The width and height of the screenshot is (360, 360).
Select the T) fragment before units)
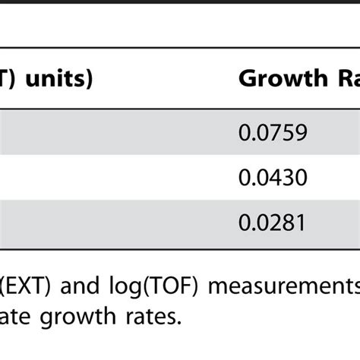coord(8,79)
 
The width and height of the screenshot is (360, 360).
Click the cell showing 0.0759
coord(273,134)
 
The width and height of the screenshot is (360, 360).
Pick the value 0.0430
coord(273,178)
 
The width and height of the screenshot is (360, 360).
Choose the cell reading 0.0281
coord(273,223)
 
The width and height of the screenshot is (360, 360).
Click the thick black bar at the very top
coord(180,5)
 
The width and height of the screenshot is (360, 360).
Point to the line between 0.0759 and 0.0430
coord(180,156)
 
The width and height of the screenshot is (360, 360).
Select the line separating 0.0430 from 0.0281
coord(180,201)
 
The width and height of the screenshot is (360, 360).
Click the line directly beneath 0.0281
coord(180,245)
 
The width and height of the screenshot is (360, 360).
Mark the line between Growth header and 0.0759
coord(180,109)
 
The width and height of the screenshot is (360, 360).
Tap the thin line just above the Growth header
coord(180,49)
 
